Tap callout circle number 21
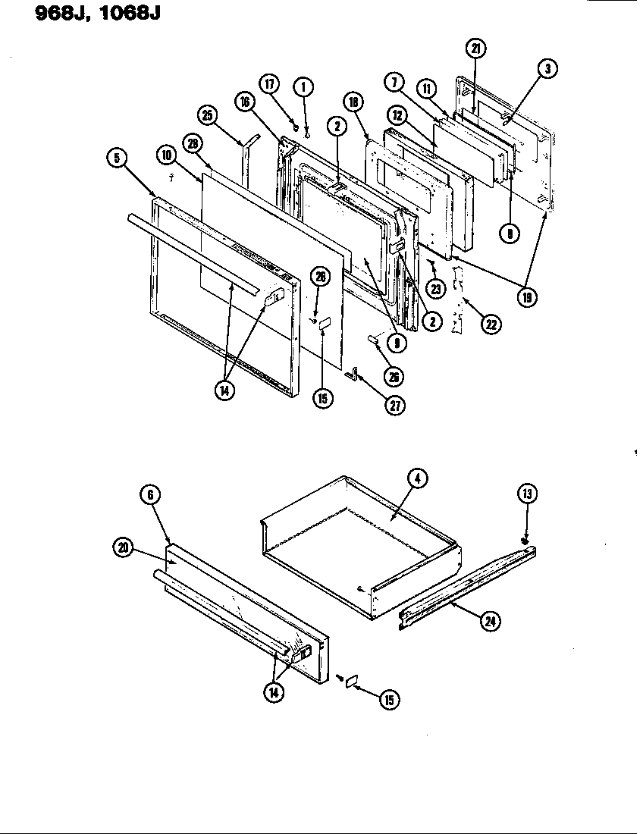point(475,50)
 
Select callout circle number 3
point(547,69)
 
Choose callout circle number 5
point(116,158)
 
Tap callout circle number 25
point(207,115)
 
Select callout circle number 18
point(354,102)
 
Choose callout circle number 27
point(395,405)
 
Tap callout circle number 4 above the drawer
point(416,478)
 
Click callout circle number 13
point(526,495)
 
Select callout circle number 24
point(492,622)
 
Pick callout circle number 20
point(122,548)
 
